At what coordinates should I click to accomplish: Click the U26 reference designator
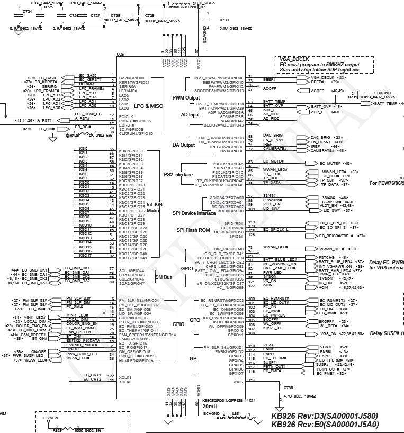pyautogui.click(x=121, y=55)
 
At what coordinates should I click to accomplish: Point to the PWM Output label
pyautogui.click(x=186, y=98)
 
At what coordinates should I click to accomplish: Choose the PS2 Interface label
pyautogui.click(x=178, y=175)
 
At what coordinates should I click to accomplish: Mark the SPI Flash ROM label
pyautogui.click(x=194, y=230)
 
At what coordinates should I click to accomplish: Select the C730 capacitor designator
pyautogui.click(x=225, y=20)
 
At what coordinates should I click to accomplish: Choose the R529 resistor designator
pyautogui.click(x=57, y=430)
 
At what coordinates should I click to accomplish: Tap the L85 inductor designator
pyautogui.click(x=235, y=413)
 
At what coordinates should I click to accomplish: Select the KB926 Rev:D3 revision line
pyautogui.click(x=325, y=416)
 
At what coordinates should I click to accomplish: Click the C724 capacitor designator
pyautogui.click(x=27, y=11)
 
